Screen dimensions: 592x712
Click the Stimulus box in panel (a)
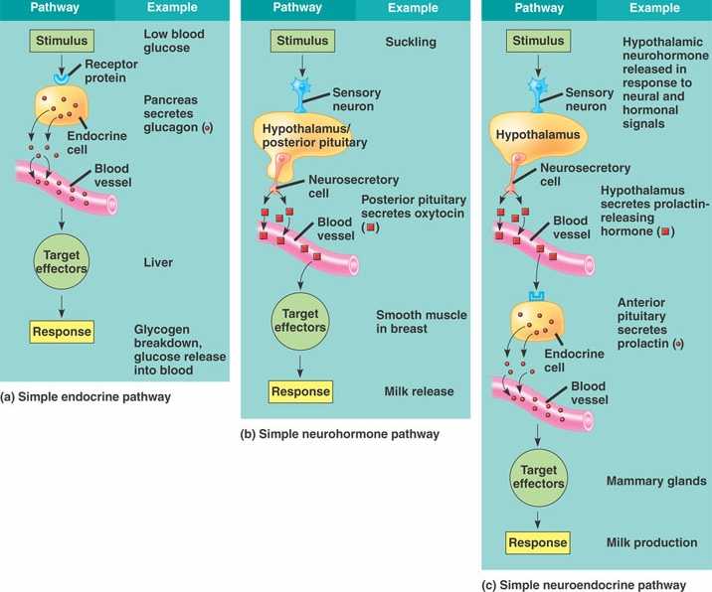(x=63, y=42)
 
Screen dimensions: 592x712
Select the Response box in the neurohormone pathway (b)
(x=299, y=391)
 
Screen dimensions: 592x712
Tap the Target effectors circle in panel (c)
(x=538, y=477)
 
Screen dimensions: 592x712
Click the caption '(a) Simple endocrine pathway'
(x=86, y=397)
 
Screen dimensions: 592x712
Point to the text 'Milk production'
(x=651, y=543)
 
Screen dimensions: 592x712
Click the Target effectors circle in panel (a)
(x=62, y=262)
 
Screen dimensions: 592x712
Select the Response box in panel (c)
(x=537, y=542)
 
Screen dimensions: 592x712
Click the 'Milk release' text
(x=419, y=391)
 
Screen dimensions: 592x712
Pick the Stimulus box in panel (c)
(x=538, y=42)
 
